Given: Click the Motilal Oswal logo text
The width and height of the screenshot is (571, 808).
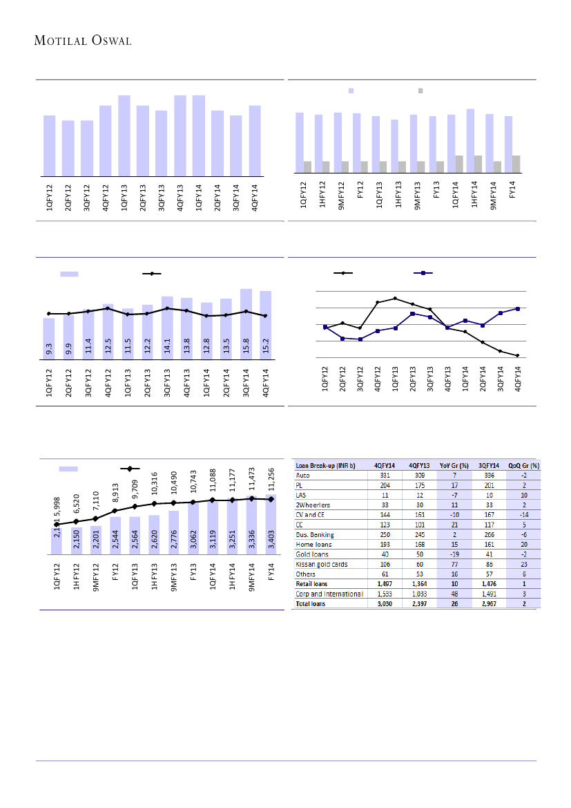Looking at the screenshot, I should click(x=83, y=40).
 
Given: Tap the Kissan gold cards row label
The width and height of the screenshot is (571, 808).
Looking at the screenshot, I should click(x=322, y=564).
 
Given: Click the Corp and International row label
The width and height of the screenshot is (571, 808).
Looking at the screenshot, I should click(x=329, y=594).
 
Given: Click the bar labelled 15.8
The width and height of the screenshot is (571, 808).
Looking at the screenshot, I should click(x=246, y=324).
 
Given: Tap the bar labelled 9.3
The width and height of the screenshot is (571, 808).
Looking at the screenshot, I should click(x=49, y=339).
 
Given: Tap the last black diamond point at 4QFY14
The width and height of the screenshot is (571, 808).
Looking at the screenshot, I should click(x=517, y=355).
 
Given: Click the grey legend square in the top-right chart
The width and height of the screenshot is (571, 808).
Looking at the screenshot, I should click(x=420, y=91).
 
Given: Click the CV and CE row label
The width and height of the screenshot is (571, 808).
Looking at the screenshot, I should click(x=309, y=514).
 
